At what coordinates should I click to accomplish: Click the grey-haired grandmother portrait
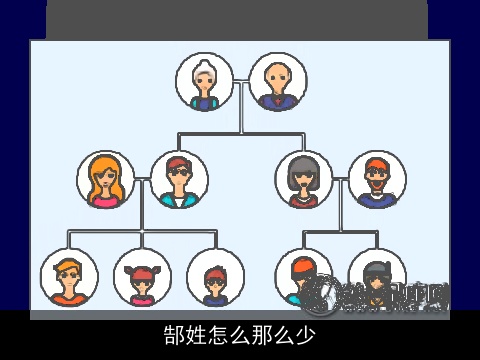coord(205,82)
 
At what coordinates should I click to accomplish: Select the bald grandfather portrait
coord(277,82)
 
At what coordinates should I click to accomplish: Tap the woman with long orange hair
coord(106,180)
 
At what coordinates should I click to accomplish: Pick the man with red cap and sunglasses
coord(179,180)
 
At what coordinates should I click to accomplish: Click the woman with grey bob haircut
coord(304,180)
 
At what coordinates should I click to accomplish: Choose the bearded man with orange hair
coord(377,180)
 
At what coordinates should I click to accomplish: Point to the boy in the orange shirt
coord(69,277)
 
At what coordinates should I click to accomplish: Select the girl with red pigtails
coord(142,277)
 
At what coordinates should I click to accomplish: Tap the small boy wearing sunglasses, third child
coord(215,277)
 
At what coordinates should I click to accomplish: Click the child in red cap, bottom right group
coord(304,277)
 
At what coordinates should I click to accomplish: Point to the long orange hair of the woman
coord(93,180)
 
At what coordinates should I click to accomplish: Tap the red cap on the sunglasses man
coord(179,163)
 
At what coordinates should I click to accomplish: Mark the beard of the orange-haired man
coord(377,190)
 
